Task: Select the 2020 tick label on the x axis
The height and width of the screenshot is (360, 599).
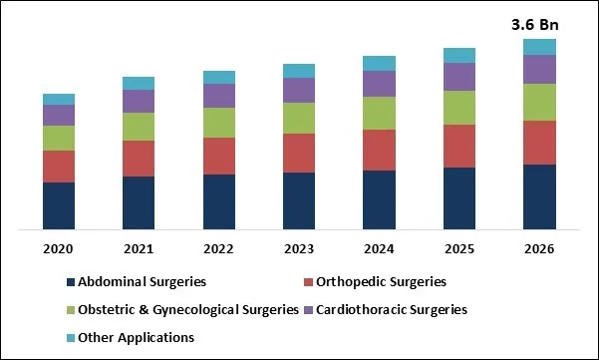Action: [x=59, y=248]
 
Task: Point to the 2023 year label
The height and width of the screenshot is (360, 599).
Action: [x=299, y=248]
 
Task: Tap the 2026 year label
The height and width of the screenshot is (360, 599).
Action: [x=539, y=248]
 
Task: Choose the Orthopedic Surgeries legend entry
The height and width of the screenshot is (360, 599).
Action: [x=382, y=282]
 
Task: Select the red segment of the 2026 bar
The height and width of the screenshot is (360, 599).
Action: [x=539, y=143]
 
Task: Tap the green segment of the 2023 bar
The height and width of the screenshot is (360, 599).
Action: [x=299, y=118]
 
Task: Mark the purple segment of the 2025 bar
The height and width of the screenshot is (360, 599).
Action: [x=459, y=77]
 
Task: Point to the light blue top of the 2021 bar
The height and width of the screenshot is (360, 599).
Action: [x=139, y=83]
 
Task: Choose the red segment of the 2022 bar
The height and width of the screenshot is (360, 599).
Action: [x=219, y=156]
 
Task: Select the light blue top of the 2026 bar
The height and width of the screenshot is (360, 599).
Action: [x=539, y=47]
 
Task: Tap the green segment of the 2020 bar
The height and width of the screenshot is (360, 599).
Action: [x=59, y=138]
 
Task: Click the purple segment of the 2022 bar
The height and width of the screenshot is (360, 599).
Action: [x=219, y=96]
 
